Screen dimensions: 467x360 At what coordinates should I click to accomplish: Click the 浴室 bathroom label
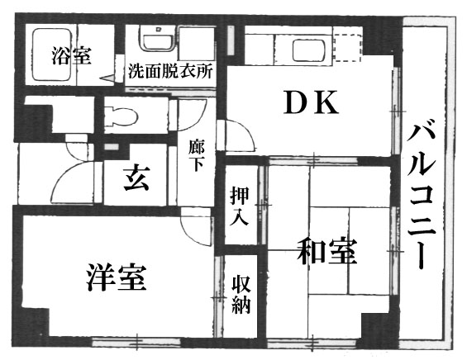71,56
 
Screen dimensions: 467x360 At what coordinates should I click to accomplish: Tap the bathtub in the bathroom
51,54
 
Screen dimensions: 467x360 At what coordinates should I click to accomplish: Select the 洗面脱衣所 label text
170,71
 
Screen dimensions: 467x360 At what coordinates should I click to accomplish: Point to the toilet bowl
122,116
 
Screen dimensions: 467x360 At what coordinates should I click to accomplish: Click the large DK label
312,102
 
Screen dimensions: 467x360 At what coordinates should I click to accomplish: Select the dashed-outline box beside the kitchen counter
347,48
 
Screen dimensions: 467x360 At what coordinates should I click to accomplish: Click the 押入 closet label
240,206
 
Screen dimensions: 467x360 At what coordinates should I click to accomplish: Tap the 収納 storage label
241,295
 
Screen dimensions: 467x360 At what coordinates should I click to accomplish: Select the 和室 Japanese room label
327,251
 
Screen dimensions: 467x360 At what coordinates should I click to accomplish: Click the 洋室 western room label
117,277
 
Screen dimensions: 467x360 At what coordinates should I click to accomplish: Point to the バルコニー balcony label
422,197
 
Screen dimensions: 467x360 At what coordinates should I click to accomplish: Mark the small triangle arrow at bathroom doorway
107,78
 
